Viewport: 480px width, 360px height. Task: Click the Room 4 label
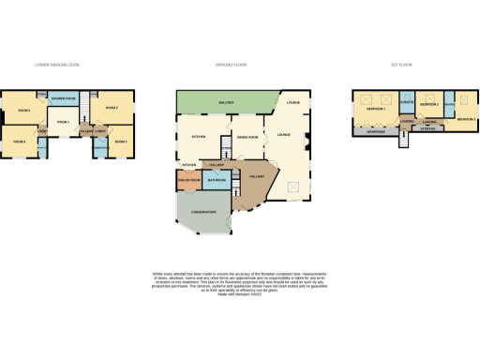[20, 142]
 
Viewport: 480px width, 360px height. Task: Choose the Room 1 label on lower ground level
[63, 122]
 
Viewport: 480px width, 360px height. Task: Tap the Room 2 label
[112, 109]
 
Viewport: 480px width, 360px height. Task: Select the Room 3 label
[120, 142]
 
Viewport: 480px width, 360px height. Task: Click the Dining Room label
[247, 135]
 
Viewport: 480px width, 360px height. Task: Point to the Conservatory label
[204, 213]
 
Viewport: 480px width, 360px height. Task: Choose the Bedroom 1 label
[377, 110]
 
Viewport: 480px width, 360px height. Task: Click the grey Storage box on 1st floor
[431, 131]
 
